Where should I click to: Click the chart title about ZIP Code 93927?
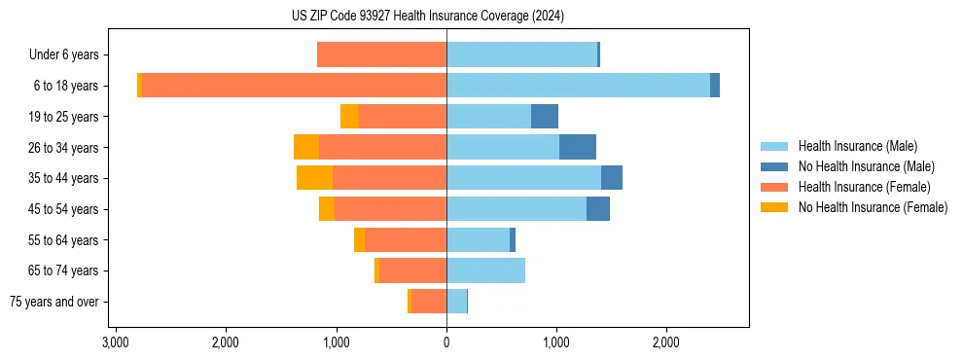pos(427,16)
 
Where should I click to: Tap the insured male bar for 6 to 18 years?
pos(578,86)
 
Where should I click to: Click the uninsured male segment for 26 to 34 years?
pos(577,147)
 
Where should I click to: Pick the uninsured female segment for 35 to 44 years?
pos(314,178)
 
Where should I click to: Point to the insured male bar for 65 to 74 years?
pos(485,270)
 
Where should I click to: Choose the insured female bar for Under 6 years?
pos(381,54)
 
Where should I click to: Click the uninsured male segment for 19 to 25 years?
pos(544,117)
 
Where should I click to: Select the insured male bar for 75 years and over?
pos(456,302)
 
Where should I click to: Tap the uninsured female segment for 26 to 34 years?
pos(306,147)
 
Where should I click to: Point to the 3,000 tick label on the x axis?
pos(116,343)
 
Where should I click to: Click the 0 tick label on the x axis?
pos(446,343)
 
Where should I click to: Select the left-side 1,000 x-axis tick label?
pos(337,343)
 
